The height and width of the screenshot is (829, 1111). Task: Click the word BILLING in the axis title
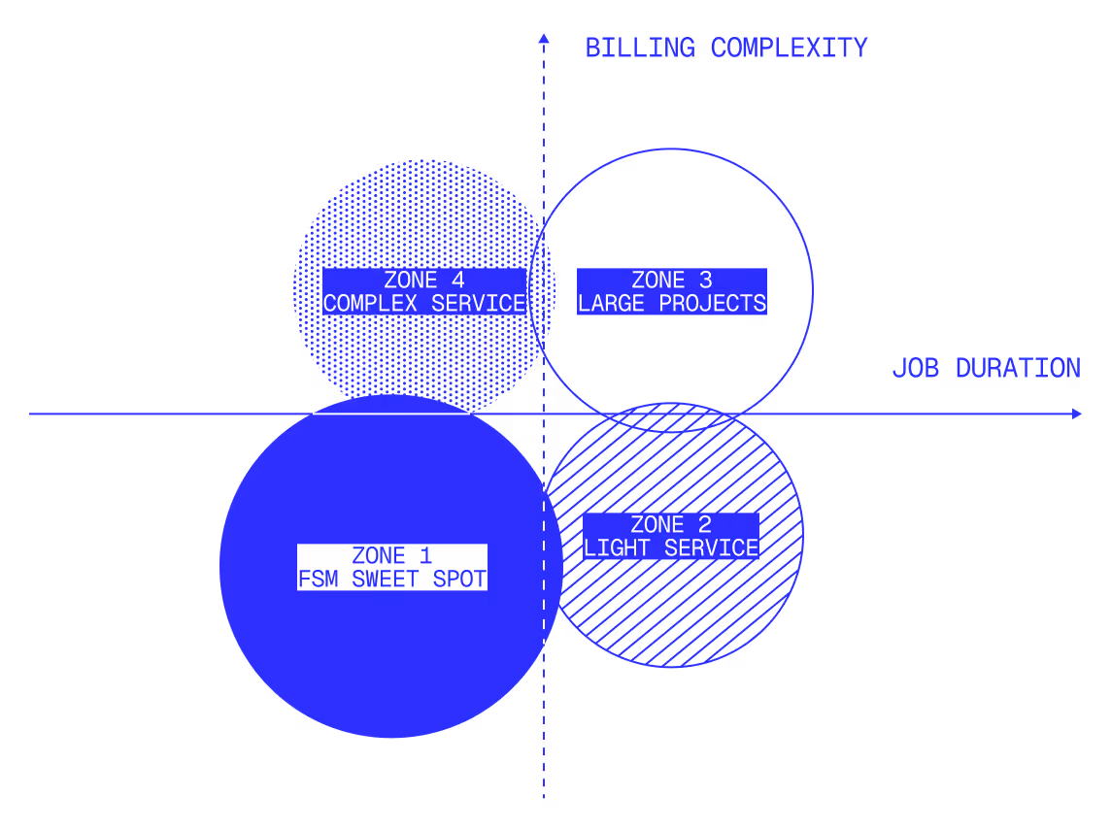(x=640, y=48)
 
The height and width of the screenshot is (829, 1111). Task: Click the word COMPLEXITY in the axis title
(x=789, y=48)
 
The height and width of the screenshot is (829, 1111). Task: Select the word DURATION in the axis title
(x=1018, y=369)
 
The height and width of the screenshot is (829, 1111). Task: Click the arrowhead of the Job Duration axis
(x=1076, y=414)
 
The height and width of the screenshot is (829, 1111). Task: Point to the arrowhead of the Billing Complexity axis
(x=544, y=38)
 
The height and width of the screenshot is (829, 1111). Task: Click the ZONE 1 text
(x=391, y=556)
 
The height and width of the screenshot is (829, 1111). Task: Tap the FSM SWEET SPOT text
(x=391, y=580)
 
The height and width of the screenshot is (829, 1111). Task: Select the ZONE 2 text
(x=671, y=525)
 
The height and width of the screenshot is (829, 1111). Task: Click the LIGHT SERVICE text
(x=671, y=548)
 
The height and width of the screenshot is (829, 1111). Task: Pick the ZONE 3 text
(x=672, y=281)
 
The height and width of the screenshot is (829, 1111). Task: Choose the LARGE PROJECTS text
(x=672, y=304)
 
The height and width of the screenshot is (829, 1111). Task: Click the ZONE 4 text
(x=424, y=281)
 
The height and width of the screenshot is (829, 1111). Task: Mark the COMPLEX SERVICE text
(x=424, y=304)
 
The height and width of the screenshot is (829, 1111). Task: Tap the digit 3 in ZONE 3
(x=706, y=281)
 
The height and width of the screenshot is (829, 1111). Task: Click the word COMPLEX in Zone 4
(x=370, y=304)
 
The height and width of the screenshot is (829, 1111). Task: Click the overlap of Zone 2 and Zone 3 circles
(x=671, y=417)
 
